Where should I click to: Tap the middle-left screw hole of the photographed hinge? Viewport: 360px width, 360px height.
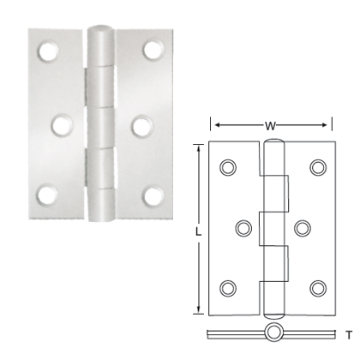[x=60, y=124]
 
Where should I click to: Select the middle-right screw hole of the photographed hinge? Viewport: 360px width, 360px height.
[x=141, y=124]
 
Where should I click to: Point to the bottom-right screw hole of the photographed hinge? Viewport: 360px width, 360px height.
[x=155, y=195]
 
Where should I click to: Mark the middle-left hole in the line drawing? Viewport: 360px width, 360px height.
[x=243, y=227]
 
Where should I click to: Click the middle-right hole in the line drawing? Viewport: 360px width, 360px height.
[x=303, y=227]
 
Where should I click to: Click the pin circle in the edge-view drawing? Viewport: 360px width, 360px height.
[x=273, y=333]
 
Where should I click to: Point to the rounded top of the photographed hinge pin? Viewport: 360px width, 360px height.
[x=100, y=37]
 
